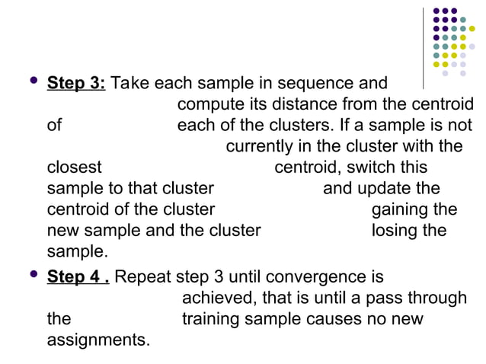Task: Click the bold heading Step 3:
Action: tap(76, 82)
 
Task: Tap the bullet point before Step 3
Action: tap(30, 81)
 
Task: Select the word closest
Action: tap(74, 167)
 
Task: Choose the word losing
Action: tap(395, 230)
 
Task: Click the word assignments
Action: tap(98, 340)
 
